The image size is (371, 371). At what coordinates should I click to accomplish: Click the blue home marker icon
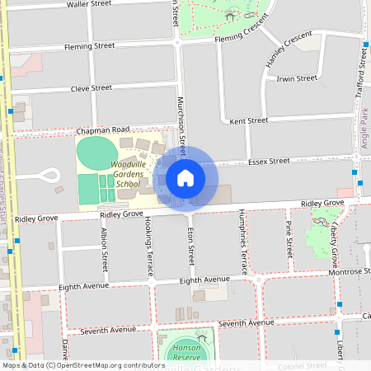(x=185, y=177)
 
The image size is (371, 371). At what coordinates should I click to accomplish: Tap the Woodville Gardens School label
(x=115, y=175)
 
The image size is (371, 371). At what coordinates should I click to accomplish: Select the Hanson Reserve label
(x=187, y=353)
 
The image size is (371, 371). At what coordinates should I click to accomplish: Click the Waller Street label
(x=89, y=4)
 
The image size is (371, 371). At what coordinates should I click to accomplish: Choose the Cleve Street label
(x=91, y=87)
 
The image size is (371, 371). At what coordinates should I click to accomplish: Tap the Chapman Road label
(x=103, y=130)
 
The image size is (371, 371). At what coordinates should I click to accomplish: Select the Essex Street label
(x=269, y=161)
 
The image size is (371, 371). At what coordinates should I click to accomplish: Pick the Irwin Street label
(x=297, y=78)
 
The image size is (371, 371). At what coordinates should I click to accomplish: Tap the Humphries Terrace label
(x=243, y=242)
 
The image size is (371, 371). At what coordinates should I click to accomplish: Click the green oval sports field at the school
(x=97, y=153)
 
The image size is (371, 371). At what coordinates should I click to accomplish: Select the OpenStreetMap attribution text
(x=82, y=365)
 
